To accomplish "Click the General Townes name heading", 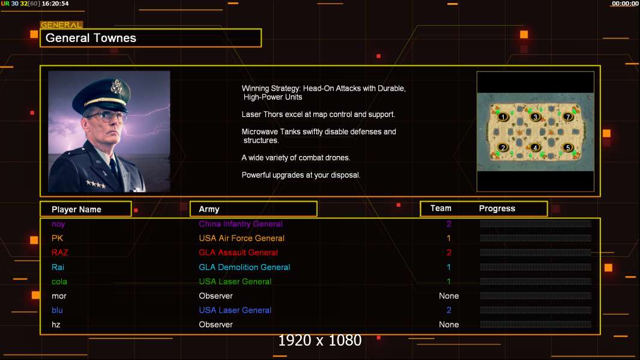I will pyautogui.click(x=91, y=38).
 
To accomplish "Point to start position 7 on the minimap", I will pyautogui.click(x=568, y=116).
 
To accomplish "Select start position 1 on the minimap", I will pyautogui.click(x=503, y=116).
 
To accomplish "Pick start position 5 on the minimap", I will pyautogui.click(x=568, y=148).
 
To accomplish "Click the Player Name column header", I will pyautogui.click(x=76, y=209).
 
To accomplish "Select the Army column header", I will pyautogui.click(x=209, y=209).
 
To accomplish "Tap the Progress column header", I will pyautogui.click(x=497, y=209).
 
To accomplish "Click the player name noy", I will pyautogui.click(x=58, y=224).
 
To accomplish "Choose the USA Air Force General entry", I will pyautogui.click(x=241, y=238).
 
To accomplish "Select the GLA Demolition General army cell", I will pyautogui.click(x=244, y=267).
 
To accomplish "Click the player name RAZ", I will pyautogui.click(x=60, y=253).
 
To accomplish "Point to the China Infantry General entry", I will pyautogui.click(x=240, y=224).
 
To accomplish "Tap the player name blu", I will pyautogui.click(x=57, y=310).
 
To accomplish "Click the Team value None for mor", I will pyautogui.click(x=448, y=296).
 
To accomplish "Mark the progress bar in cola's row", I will pyautogui.click(x=536, y=281).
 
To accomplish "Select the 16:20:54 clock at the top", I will pyautogui.click(x=55, y=4).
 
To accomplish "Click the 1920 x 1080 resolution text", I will pyautogui.click(x=319, y=341).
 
